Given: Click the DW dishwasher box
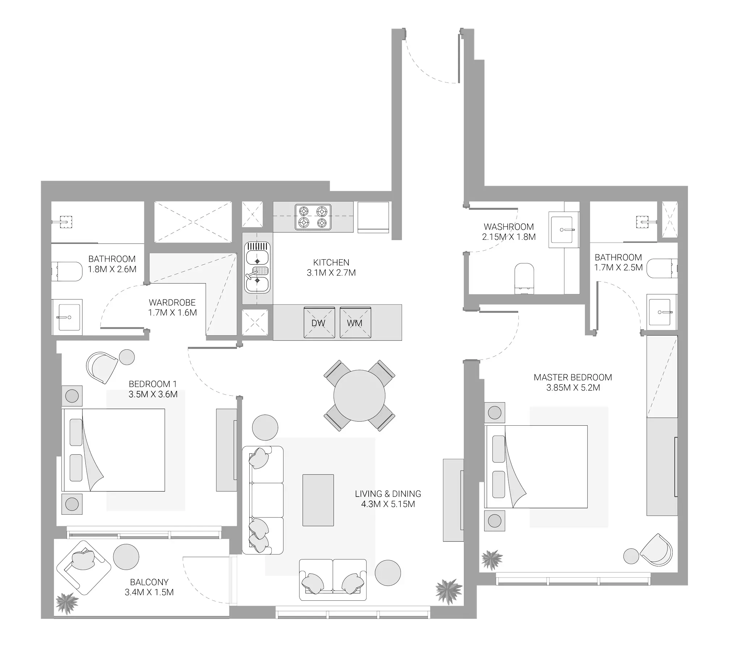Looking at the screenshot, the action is coord(319,322).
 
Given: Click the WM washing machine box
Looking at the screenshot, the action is coord(355,322).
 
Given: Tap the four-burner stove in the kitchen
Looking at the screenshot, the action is coord(313,217).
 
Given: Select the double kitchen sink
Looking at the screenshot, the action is coord(257,268).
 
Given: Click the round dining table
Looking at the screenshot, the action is coord(359,395).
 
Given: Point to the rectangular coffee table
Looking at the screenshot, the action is coord(318,500).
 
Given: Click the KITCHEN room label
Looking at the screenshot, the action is coord(331,262).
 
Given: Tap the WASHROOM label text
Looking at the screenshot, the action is coord(509,227).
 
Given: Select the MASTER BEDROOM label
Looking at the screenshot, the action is coord(573,377).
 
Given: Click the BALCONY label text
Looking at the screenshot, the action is coord(149,582).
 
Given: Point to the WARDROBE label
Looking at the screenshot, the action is coord(172,302).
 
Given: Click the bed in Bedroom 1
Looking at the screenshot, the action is coord(114,450).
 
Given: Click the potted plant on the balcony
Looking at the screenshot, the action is coord(67,603).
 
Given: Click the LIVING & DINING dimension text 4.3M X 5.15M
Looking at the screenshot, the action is coord(388,504).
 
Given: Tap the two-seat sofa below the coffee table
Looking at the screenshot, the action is coord(333,580).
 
